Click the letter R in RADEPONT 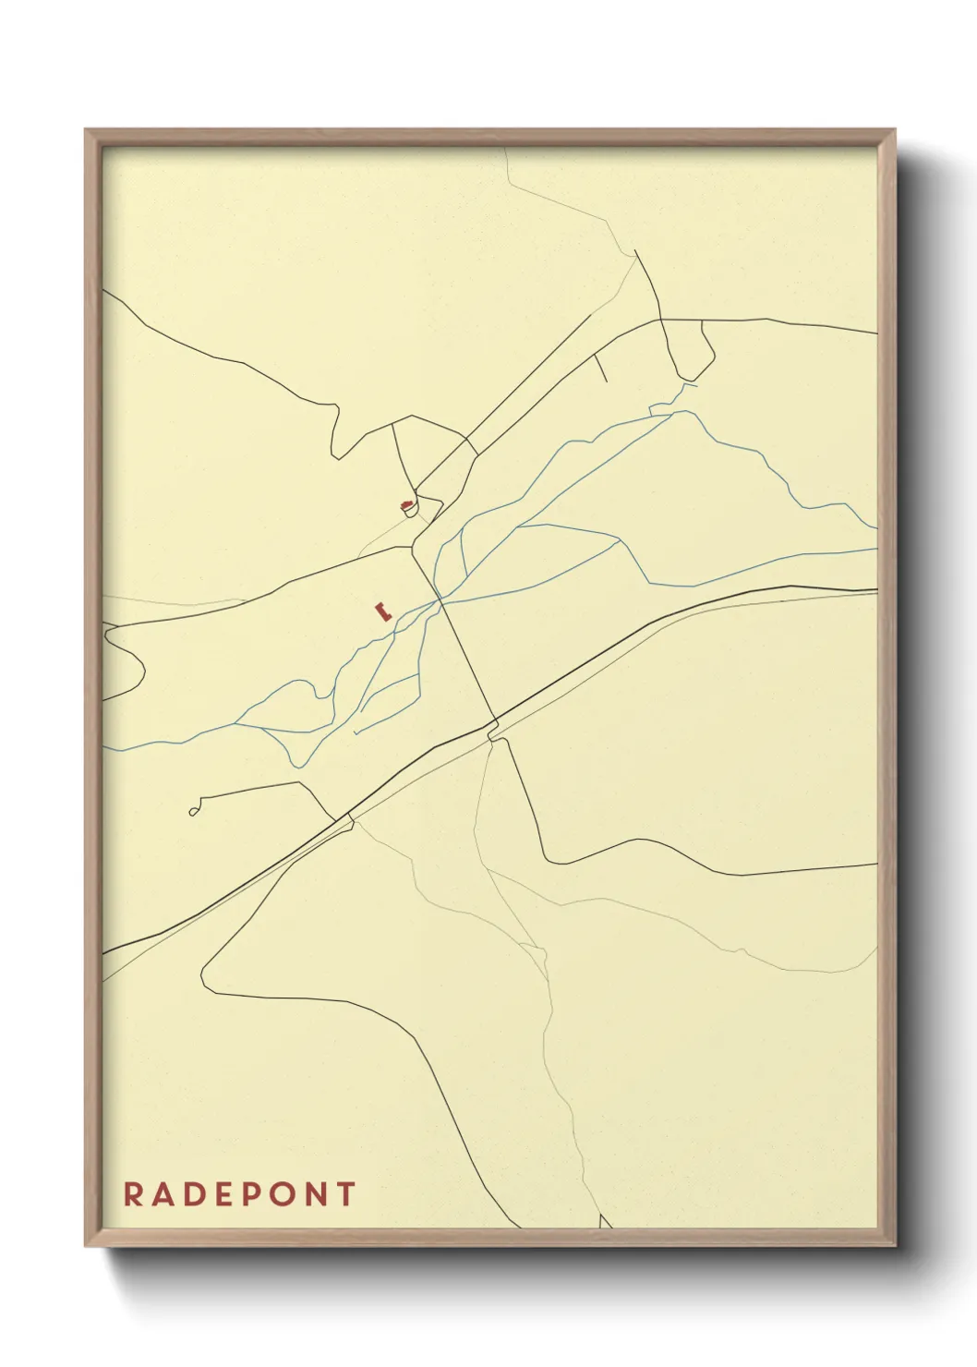[132, 1194]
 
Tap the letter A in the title [162, 1194]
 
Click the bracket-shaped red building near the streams [381, 611]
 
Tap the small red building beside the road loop [405, 505]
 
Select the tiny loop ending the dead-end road [193, 812]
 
